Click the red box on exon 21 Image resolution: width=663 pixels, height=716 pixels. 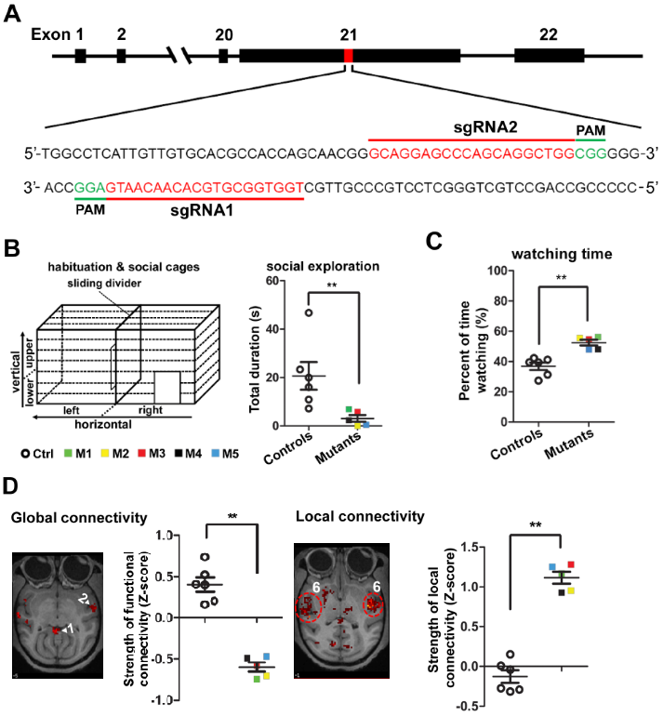349,56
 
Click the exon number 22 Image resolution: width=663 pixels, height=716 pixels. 549,33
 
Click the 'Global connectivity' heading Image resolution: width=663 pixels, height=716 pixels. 66,514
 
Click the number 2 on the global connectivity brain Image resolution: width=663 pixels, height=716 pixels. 81,597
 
